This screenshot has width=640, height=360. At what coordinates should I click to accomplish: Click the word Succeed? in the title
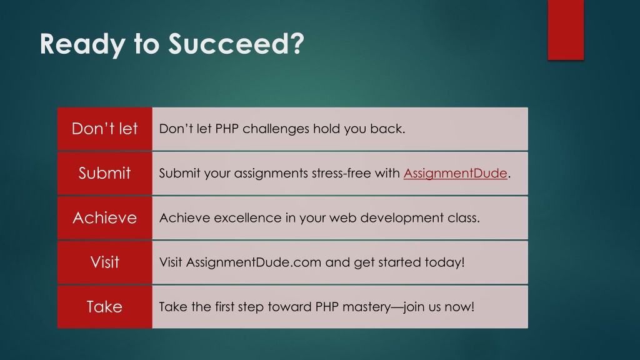(x=236, y=44)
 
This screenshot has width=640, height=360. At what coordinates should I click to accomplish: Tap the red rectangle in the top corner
(x=566, y=30)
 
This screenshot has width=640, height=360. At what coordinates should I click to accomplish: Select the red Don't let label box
(x=105, y=129)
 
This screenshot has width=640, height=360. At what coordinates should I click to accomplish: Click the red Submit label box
(x=105, y=174)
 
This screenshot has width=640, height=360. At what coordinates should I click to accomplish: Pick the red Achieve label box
(x=105, y=218)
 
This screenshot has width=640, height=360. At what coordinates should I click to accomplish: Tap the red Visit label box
(x=105, y=262)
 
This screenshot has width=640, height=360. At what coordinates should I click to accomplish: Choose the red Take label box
(x=105, y=307)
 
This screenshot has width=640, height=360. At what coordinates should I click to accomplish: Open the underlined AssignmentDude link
(x=455, y=174)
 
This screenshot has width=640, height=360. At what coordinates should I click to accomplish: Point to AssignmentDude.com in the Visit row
(x=254, y=262)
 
